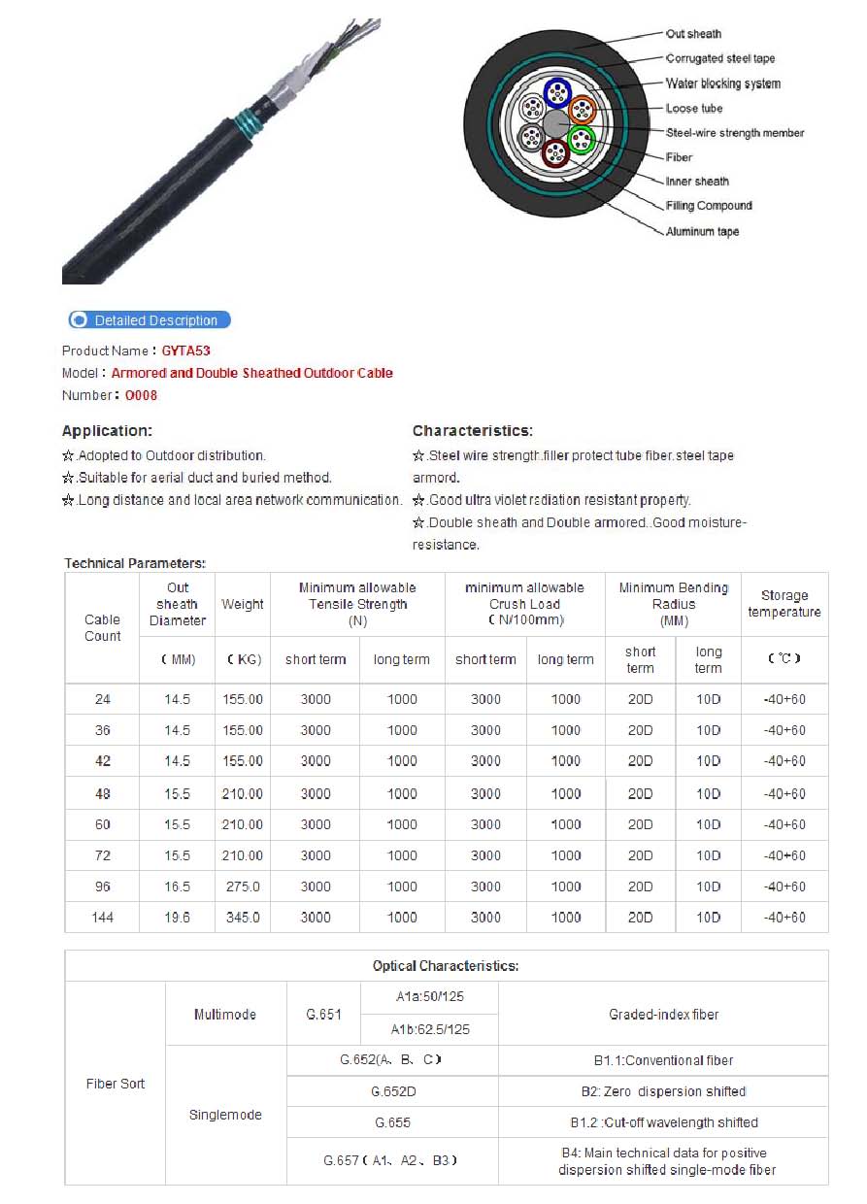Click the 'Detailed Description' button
point(150,320)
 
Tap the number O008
point(141,395)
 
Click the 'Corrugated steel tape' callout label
point(720,59)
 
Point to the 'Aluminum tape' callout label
point(702,232)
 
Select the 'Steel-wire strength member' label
point(735,133)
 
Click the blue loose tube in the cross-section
point(557,93)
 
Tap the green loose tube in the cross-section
point(581,141)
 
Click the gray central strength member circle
point(555,124)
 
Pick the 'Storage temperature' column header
point(784,604)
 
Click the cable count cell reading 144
point(102,918)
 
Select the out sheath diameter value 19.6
point(177,918)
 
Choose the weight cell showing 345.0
point(242,918)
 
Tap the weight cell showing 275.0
point(242,886)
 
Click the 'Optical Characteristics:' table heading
point(446,966)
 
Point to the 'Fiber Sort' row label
point(116,1084)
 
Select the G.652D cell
point(393,1091)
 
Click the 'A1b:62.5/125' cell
point(430,1029)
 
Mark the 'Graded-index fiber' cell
point(664,1015)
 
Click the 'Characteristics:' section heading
point(473,431)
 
